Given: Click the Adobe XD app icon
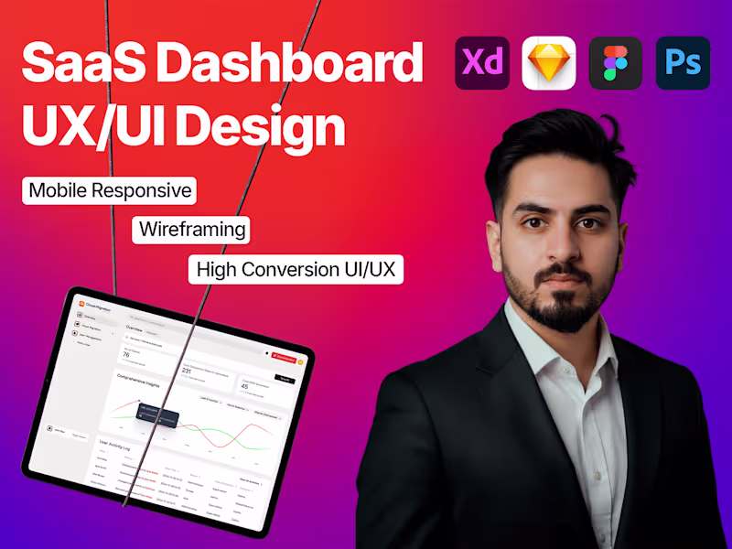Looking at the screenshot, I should click(482, 63).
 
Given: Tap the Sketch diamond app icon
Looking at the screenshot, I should click(549, 63).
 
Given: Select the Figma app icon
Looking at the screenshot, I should click(616, 63).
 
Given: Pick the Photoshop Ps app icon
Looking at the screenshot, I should click(683, 63).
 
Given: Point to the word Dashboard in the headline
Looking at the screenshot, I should click(286, 66).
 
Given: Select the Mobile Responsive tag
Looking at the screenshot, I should click(110, 190).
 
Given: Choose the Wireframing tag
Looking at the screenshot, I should click(192, 229).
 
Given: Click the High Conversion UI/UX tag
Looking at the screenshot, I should click(296, 269).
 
